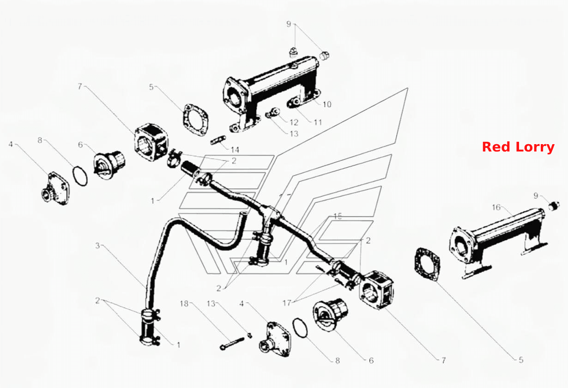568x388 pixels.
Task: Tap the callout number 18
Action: coord(184,303)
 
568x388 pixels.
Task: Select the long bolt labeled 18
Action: coord(232,343)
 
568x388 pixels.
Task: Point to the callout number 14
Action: coord(235,150)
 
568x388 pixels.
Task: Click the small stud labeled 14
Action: coord(218,140)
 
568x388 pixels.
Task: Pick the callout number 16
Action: coord(496,207)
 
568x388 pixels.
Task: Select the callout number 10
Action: coord(327,104)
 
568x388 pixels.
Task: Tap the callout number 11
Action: coord(318,122)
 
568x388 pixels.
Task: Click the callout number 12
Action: coord(294,122)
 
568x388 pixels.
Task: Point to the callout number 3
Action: coord(97,245)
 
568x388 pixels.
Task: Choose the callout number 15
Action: coord(338,216)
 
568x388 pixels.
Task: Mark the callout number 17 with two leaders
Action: coord(287,303)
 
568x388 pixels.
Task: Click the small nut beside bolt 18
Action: coord(249,335)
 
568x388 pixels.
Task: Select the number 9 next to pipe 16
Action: coord(536,195)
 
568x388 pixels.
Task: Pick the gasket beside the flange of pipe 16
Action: coord(427,264)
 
